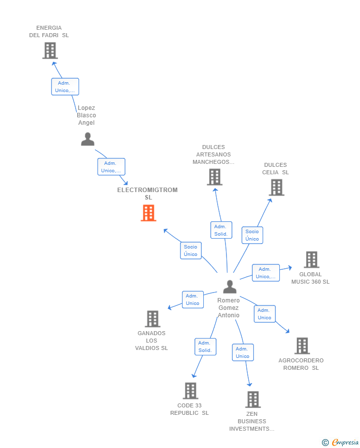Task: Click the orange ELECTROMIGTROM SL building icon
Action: pyautogui.click(x=148, y=213)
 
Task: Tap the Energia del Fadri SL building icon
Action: pyautogui.click(x=50, y=50)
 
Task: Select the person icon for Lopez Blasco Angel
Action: pyautogui.click(x=88, y=139)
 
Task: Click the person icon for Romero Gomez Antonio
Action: pyautogui.click(x=229, y=287)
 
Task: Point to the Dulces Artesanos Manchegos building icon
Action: pyautogui.click(x=214, y=177)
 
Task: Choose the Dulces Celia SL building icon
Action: pyautogui.click(x=276, y=188)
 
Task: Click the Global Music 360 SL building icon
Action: pyautogui.click(x=311, y=259)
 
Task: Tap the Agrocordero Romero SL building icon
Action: pyautogui.click(x=302, y=346)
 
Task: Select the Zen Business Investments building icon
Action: pyautogui.click(x=253, y=399)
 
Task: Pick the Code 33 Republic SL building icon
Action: pyautogui.click(x=190, y=391)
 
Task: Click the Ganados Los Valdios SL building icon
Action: pyautogui.click(x=152, y=319)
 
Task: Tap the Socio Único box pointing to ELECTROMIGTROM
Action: pyautogui.click(x=190, y=250)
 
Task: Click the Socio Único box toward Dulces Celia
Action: pyautogui.click(x=252, y=235)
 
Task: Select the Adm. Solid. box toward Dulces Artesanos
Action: pyautogui.click(x=221, y=230)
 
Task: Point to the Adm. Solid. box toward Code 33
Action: pyautogui.click(x=205, y=347)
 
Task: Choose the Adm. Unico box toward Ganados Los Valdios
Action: pyautogui.click(x=192, y=299)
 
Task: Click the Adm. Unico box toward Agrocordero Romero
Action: pyautogui.click(x=265, y=314)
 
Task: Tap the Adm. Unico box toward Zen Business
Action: pyautogui.click(x=242, y=352)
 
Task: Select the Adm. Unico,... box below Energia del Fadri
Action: pyautogui.click(x=65, y=87)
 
